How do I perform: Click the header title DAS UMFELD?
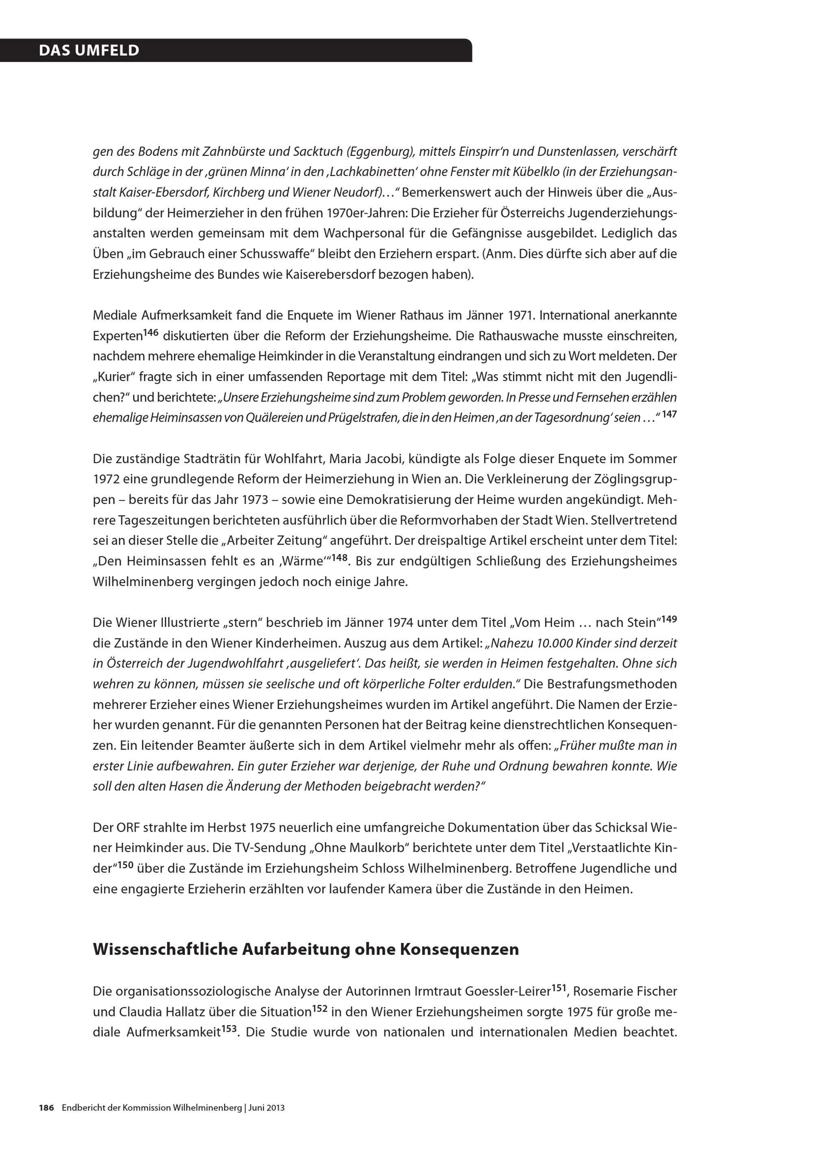89,50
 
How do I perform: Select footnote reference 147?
669,414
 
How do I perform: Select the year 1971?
521,316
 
